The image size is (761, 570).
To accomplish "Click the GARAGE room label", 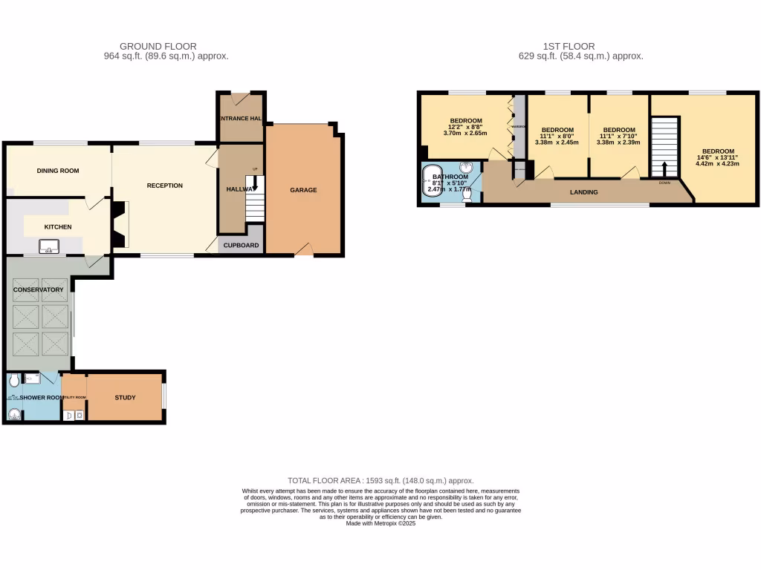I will pyautogui.click(x=303, y=190).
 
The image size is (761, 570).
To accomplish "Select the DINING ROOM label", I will pyautogui.click(x=58, y=171).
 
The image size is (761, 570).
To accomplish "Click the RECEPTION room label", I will pyautogui.click(x=165, y=186).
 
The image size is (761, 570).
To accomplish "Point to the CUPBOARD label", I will pyautogui.click(x=241, y=246).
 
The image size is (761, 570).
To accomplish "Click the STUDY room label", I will pyautogui.click(x=125, y=398).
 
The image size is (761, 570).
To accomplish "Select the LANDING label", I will pyautogui.click(x=583, y=192).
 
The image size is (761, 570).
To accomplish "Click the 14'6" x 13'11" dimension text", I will pyautogui.click(x=718, y=157).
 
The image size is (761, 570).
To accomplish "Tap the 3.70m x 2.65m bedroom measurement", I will pyautogui.click(x=465, y=133).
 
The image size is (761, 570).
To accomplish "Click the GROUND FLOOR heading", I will pyautogui.click(x=158, y=46).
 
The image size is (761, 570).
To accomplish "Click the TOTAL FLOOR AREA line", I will pyautogui.click(x=380, y=481).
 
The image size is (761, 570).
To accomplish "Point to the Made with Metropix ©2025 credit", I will pyautogui.click(x=380, y=522).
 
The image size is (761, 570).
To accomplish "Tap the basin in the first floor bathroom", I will pyautogui.click(x=467, y=168).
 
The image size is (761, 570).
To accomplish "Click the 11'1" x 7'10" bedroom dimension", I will pyautogui.click(x=619, y=136).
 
